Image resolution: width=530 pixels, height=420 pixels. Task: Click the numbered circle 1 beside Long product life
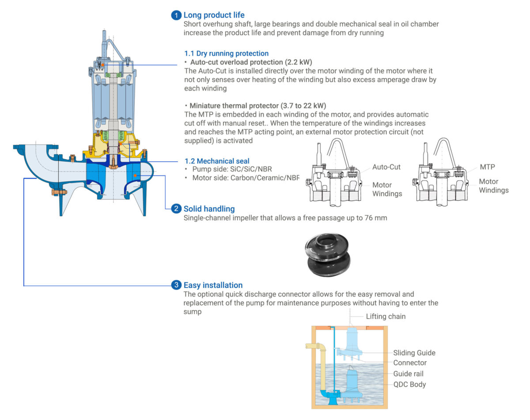(x=176, y=15)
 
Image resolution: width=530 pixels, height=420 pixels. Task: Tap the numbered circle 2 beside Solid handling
(x=176, y=208)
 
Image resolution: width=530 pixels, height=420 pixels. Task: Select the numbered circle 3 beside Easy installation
(x=176, y=285)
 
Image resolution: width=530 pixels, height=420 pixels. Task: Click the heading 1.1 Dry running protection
(x=226, y=53)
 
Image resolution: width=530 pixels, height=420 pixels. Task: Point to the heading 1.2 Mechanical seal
(x=217, y=161)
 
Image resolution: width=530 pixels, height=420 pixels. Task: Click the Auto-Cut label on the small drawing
(x=386, y=167)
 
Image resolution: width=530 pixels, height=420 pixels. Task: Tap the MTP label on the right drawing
(x=487, y=167)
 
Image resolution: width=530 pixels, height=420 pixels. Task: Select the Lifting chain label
(x=386, y=317)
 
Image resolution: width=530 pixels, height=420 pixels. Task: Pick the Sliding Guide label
(x=414, y=353)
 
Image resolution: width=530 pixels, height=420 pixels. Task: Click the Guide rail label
(x=409, y=374)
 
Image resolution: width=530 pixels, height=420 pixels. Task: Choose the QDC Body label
(x=409, y=384)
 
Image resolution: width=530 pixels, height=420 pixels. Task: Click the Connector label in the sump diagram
(x=410, y=363)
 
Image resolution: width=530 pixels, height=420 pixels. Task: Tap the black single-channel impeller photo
(x=328, y=255)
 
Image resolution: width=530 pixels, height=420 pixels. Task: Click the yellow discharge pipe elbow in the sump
(x=319, y=348)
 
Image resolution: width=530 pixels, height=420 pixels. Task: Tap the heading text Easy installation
(x=213, y=285)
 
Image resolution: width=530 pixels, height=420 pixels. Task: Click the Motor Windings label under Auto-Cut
(x=387, y=189)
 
